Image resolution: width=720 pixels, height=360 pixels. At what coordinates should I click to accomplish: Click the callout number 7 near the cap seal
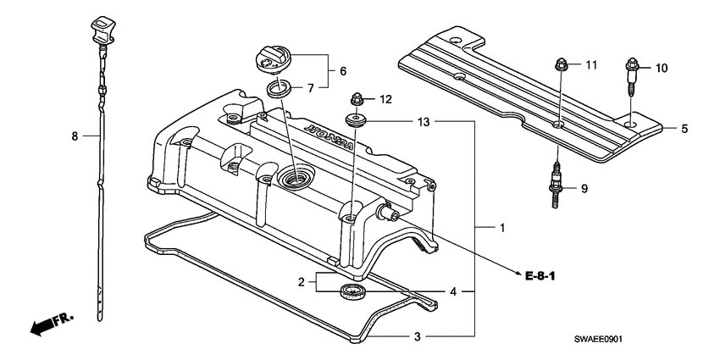coord(310,87)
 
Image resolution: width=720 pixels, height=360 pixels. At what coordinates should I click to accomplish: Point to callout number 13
coord(424,123)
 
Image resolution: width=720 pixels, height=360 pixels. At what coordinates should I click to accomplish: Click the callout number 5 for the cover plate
coord(684,129)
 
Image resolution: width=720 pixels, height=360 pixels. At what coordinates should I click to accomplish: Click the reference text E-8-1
coord(543,275)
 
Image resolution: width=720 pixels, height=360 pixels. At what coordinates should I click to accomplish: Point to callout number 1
coord(502,229)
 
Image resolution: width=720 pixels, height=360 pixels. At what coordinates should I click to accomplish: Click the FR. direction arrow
coord(50,324)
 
